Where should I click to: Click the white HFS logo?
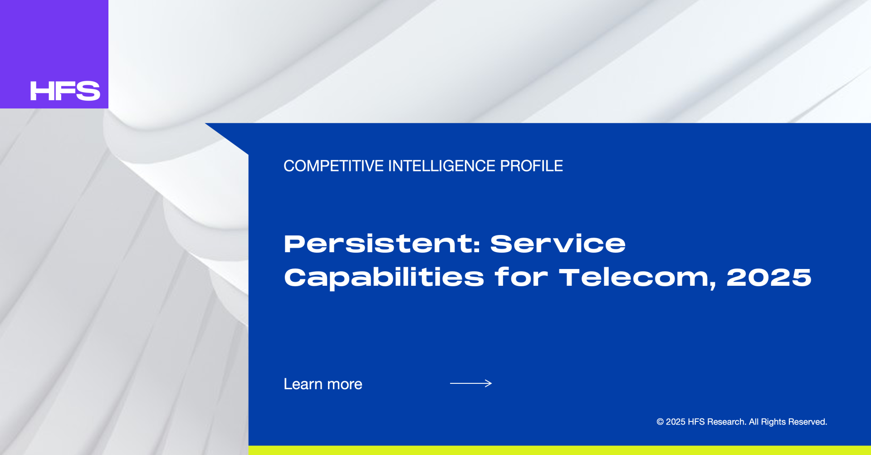(65, 91)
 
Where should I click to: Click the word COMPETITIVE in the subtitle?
(333, 166)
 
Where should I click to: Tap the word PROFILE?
(531, 166)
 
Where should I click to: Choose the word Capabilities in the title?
(384, 278)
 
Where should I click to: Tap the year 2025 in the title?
(769, 278)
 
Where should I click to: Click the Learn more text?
(323, 384)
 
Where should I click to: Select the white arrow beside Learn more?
(471, 383)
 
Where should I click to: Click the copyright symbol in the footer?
(660, 422)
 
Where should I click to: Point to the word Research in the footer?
(726, 422)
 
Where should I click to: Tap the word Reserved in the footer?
(807, 422)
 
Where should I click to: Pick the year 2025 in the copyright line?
(675, 422)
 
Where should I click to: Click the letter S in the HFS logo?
(88, 91)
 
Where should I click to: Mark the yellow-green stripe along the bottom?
(560, 450)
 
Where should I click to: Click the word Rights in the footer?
(773, 422)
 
